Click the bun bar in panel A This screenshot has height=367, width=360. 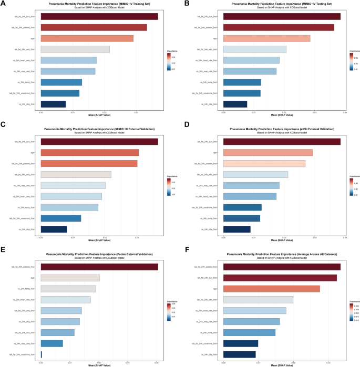coord(99,16)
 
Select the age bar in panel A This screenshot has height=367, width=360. coord(87,38)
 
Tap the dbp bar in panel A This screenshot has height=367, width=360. coord(53,104)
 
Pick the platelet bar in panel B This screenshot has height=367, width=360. coord(279,27)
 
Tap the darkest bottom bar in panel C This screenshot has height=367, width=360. coord(54,229)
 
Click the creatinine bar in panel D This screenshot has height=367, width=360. coord(242,207)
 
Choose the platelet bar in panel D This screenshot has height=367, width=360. coord(264,163)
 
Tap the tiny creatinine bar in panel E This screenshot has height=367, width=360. coord(41,354)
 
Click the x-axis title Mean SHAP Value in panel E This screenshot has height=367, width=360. coord(99,366)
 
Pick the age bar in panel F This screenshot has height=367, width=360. coord(272,288)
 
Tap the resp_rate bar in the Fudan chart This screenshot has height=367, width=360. coord(52,343)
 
